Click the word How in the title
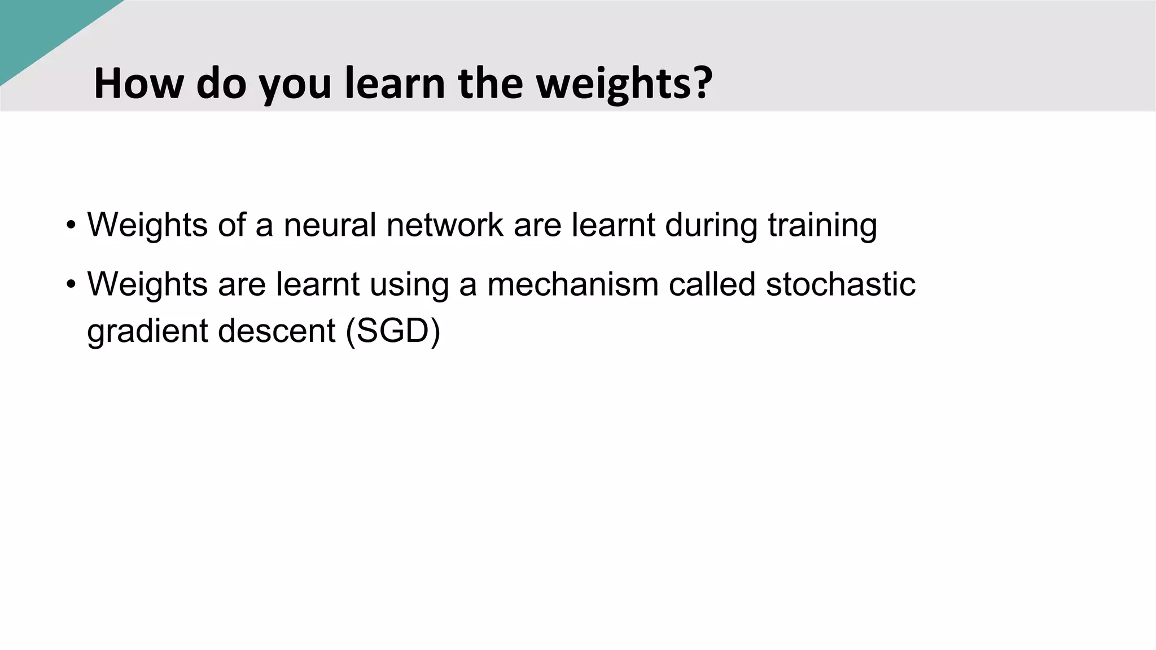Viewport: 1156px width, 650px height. click(139, 84)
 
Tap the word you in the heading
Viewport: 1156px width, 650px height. click(295, 85)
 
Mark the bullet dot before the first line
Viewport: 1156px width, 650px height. click(71, 225)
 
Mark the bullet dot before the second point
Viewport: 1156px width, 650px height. click(71, 284)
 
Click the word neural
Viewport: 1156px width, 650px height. click(330, 225)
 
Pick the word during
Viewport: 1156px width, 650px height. click(711, 225)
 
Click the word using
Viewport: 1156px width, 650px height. click(409, 285)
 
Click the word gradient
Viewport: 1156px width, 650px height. click(147, 331)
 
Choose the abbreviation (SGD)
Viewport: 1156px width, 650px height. click(393, 331)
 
